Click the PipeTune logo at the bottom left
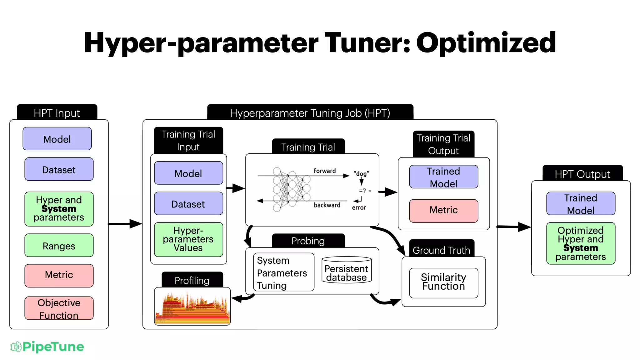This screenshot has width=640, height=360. tap(47, 347)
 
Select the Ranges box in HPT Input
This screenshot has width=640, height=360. tap(59, 246)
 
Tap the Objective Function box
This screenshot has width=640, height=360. tap(59, 308)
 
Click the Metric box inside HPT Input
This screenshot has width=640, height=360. tap(59, 275)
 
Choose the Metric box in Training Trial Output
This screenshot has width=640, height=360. tap(443, 211)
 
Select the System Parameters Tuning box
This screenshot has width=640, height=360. tap(283, 272)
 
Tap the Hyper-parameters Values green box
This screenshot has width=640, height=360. tap(188, 239)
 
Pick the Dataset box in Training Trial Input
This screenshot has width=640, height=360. tap(188, 204)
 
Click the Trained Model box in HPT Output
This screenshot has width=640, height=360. tap(581, 204)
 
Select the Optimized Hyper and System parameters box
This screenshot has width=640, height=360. tap(581, 243)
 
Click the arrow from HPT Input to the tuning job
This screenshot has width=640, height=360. tap(125, 224)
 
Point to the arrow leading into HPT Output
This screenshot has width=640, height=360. tap(514, 227)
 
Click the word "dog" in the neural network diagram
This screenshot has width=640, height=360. tap(361, 174)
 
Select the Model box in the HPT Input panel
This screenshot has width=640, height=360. tap(57, 139)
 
